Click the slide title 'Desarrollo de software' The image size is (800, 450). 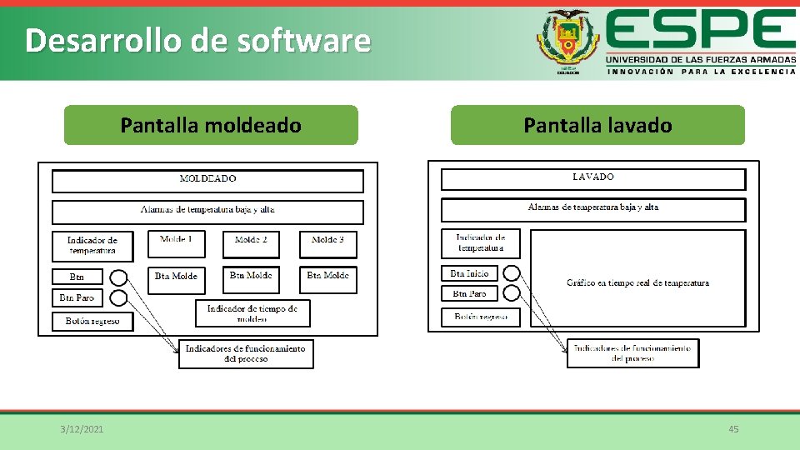(x=197, y=40)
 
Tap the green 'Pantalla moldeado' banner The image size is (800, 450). (x=211, y=125)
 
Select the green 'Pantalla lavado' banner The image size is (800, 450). (x=597, y=125)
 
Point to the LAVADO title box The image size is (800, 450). (x=592, y=178)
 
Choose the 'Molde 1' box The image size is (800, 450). (x=176, y=243)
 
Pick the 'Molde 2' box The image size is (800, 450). (x=251, y=243)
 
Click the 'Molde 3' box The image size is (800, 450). (x=327, y=243)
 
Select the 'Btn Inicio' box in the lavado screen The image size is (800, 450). (x=469, y=273)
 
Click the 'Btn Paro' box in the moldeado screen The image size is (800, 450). (x=77, y=297)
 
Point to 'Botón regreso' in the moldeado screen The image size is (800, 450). (x=92, y=321)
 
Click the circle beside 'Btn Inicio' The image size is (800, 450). (x=512, y=272)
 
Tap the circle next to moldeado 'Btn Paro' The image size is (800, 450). (x=118, y=297)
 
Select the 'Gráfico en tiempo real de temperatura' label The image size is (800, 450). (x=637, y=283)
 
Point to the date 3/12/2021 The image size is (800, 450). (x=82, y=429)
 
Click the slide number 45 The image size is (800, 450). (x=733, y=429)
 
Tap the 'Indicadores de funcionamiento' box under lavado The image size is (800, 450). (x=632, y=352)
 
